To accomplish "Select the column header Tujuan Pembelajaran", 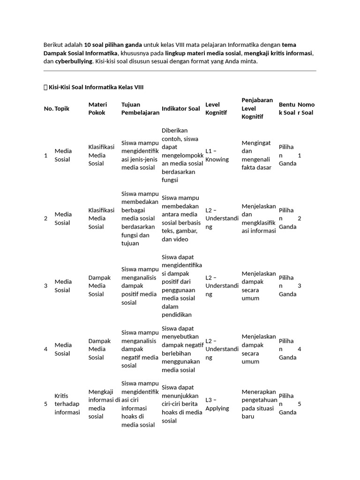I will click(140, 108).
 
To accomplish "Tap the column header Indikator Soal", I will click(180, 108).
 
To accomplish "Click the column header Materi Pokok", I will click(97, 108).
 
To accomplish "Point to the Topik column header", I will click(62, 108).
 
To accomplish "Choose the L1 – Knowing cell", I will click(217, 155).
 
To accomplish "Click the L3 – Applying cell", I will click(217, 404).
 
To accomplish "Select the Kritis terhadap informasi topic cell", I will click(67, 404).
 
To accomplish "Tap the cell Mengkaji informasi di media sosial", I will click(104, 404).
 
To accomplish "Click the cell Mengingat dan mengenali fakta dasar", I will click(256, 155).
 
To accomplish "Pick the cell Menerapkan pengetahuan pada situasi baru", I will click(258, 404).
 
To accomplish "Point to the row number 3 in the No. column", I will click(45, 285).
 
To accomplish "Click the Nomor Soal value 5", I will click(300, 404).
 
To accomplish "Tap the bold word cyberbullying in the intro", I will click(74, 61).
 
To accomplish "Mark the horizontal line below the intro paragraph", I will click(180, 71).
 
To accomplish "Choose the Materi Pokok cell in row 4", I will click(99, 349).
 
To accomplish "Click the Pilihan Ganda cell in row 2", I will click(287, 218).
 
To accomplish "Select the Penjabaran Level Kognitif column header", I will click(257, 108).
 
